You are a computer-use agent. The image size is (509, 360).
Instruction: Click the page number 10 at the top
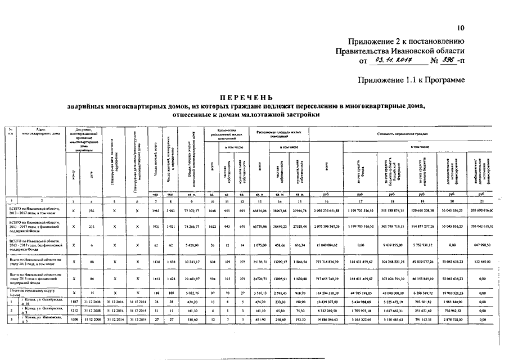(x=461, y=28)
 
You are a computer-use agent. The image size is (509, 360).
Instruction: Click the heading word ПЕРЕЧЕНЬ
(x=245, y=97)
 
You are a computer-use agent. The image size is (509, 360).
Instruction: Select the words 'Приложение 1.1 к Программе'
(x=411, y=80)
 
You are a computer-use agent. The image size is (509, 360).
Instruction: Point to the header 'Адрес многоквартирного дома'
(x=36, y=132)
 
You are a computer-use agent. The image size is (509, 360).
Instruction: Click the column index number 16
(x=366, y=201)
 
